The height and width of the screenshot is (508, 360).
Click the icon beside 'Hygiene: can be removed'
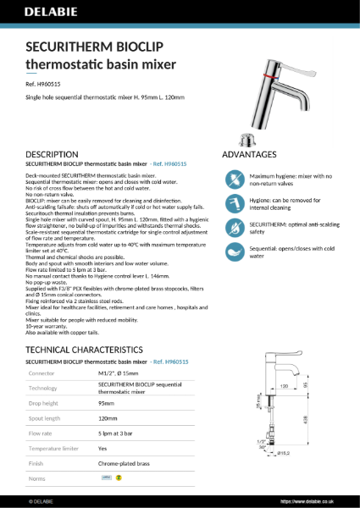[x=235, y=203]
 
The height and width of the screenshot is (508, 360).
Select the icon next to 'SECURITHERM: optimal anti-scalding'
[x=235, y=228]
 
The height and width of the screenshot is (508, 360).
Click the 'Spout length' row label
[x=46, y=418]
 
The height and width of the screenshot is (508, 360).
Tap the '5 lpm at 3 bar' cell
[x=119, y=433]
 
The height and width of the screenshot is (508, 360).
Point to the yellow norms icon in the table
[x=119, y=478]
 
